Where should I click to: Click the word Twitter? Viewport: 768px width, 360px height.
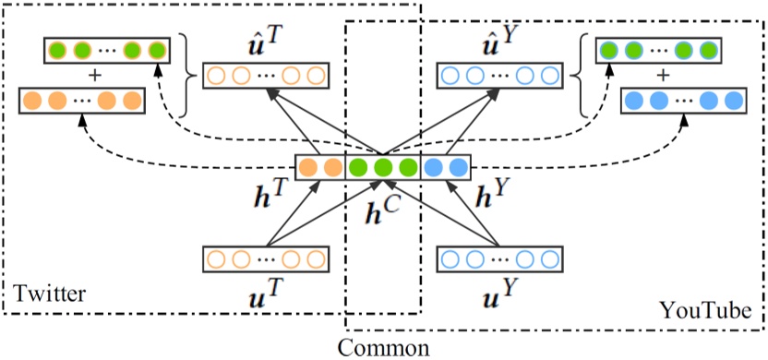48,294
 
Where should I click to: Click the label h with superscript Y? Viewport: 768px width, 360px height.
488,198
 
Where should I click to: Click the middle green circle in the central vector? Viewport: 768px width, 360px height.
382,168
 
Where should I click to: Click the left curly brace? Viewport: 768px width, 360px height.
186,73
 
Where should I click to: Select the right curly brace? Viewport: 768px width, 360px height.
580,73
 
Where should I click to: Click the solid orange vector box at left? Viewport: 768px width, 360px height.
81,98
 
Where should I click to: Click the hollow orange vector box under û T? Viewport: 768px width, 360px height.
265,75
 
